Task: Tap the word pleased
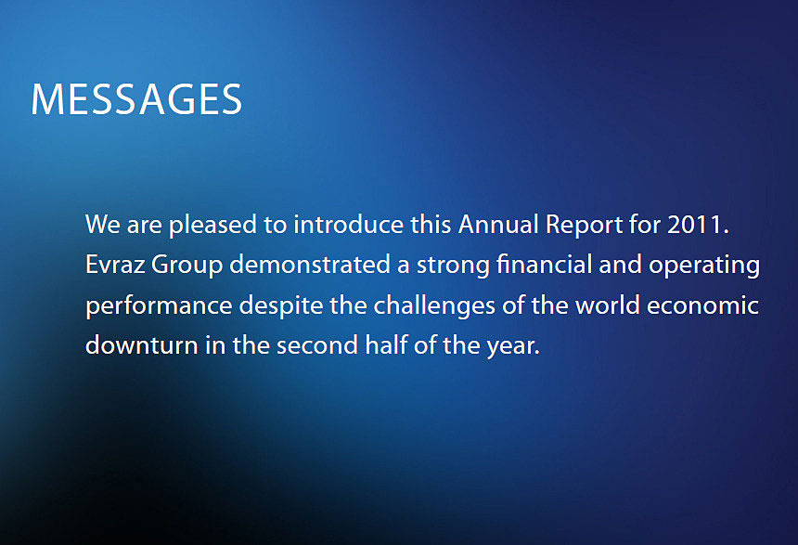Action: (212, 226)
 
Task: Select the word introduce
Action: (349, 225)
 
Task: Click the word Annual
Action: (498, 225)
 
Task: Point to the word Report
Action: (585, 226)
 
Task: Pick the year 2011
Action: (698, 225)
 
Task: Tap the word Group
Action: (187, 266)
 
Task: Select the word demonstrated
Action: (310, 265)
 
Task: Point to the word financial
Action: (544, 265)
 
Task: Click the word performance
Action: (159, 306)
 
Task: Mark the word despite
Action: (281, 306)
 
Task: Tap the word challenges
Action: (434, 306)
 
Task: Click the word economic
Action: (702, 305)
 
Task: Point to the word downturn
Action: (142, 345)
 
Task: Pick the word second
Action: (317, 345)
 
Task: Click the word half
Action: (386, 344)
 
